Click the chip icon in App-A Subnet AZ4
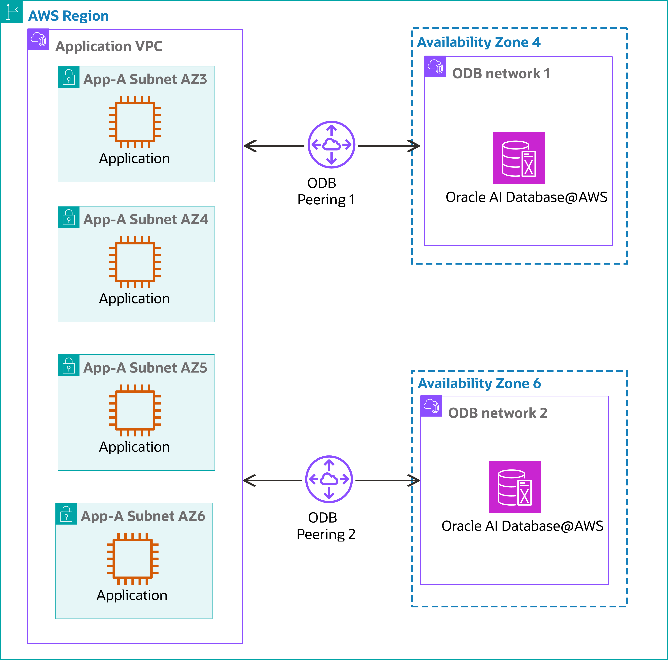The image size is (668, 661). [135, 262]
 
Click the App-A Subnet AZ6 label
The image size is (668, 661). [143, 516]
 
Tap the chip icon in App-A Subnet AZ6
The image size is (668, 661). [132, 559]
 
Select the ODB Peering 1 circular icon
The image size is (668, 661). [331, 145]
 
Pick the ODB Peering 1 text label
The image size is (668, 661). [326, 191]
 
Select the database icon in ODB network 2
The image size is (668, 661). [514, 487]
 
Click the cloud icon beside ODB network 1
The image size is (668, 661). [435, 66]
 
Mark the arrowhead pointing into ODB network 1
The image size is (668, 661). [415, 146]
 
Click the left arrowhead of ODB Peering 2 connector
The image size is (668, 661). [249, 481]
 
